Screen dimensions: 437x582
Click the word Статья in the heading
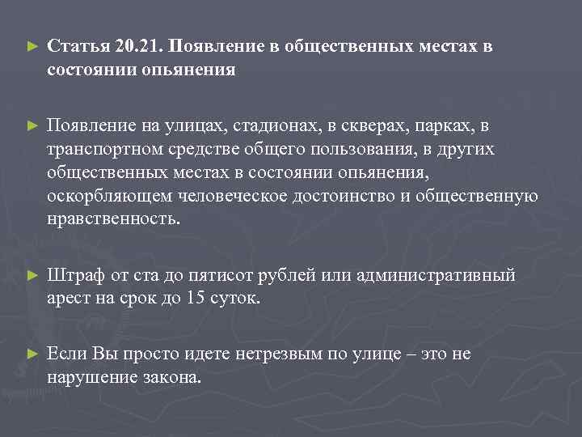75,46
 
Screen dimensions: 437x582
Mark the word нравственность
111,221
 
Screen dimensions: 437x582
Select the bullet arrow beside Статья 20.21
32,47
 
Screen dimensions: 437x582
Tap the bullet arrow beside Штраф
32,276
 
